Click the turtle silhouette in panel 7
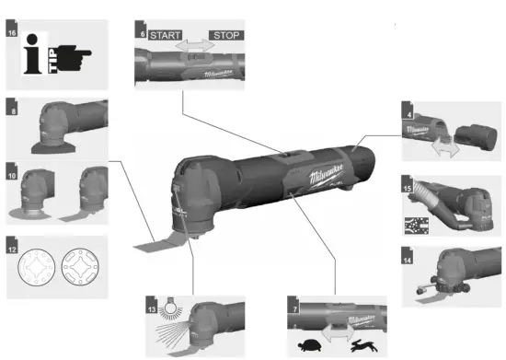tap(313, 346)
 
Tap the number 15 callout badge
tap(408, 189)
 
